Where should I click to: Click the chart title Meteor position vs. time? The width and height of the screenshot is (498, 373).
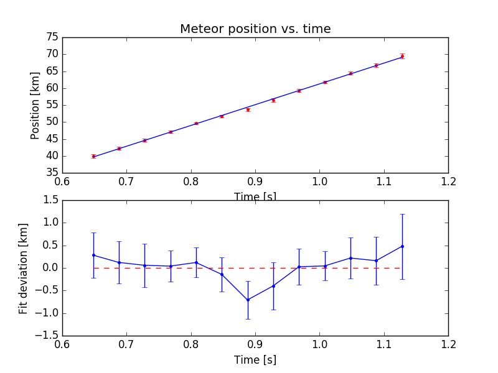(x=255, y=29)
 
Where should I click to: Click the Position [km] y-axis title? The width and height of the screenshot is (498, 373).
(x=35, y=105)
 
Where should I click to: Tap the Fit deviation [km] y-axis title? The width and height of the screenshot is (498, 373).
(x=24, y=268)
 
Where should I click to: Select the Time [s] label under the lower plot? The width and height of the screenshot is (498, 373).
(x=255, y=360)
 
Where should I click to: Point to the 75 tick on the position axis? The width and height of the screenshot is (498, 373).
(x=52, y=37)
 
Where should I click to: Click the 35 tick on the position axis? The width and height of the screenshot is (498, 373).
(x=52, y=173)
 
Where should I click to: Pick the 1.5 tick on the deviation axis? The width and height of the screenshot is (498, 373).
(x=50, y=200)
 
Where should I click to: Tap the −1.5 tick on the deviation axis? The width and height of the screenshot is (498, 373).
(x=48, y=336)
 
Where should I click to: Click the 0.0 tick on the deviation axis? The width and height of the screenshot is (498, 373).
(x=50, y=268)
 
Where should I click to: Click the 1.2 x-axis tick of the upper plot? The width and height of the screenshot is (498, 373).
(x=448, y=181)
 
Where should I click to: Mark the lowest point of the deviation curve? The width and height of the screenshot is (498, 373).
(x=248, y=300)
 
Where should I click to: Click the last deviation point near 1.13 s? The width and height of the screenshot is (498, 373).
(x=402, y=246)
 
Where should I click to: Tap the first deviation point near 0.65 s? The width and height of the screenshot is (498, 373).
(x=93, y=255)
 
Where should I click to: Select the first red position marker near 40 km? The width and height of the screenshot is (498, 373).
(x=93, y=156)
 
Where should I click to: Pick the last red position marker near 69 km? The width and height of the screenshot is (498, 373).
(x=402, y=56)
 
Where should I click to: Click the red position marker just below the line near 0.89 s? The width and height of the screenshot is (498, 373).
(x=248, y=109)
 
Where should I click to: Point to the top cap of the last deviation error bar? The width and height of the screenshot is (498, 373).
(x=402, y=214)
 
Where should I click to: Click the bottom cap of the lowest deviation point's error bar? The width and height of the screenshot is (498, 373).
(x=248, y=319)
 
